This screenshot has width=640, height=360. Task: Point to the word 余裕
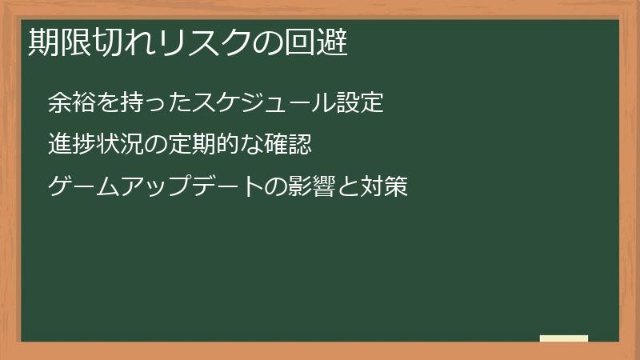(x=71, y=103)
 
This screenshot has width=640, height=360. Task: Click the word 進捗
(x=71, y=145)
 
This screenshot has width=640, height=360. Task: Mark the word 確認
(x=287, y=145)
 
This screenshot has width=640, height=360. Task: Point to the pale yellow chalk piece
(x=564, y=338)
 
